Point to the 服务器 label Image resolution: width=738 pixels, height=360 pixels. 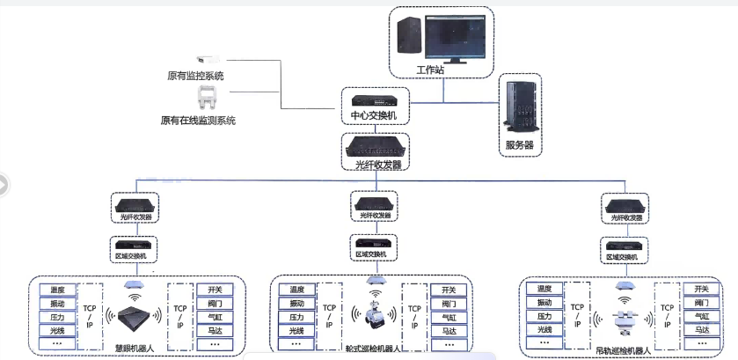tap(519, 144)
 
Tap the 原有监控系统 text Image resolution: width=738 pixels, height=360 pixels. tap(195, 75)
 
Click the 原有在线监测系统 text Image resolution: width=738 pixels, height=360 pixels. tap(198, 121)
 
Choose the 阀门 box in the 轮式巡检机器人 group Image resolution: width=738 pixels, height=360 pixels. tap(449, 304)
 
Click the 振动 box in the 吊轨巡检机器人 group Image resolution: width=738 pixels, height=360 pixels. tap(544, 302)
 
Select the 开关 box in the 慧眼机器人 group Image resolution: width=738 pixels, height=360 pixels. tap(215, 290)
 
